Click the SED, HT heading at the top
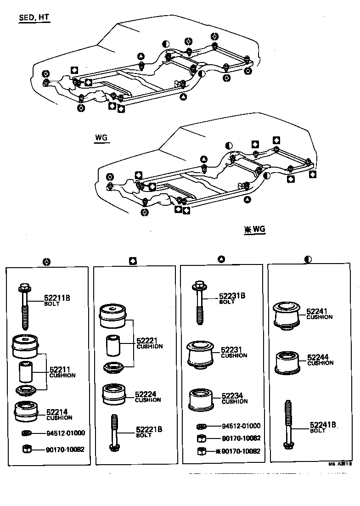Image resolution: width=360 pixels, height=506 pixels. coord(34,18)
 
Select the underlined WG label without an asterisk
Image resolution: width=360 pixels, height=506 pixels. coord(101,138)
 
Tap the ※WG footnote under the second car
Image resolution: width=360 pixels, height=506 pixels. coord(255,230)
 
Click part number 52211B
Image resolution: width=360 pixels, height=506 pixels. coord(57,298)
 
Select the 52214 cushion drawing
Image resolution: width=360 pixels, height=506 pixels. coord(26,411)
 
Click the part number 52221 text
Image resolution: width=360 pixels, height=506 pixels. coord(147,341)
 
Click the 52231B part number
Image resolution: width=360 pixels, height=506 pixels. coord(232,296)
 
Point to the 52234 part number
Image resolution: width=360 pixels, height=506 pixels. coord(232,395)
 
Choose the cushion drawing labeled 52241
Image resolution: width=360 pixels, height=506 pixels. coord(287,315)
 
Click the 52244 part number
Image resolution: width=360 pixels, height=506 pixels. coord(318,357)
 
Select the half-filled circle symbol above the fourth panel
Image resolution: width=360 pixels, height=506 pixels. coord(308,259)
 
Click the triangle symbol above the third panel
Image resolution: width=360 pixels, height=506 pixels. coord(221,259)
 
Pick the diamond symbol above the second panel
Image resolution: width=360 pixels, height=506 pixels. coord(133,261)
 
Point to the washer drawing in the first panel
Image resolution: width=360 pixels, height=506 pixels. coord(27,433)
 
